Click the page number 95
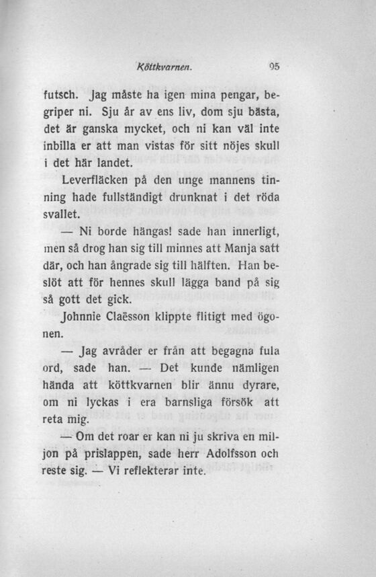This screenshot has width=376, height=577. coord(273,67)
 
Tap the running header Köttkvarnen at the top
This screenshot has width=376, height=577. coord(165,67)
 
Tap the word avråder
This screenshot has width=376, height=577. coord(125,351)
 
